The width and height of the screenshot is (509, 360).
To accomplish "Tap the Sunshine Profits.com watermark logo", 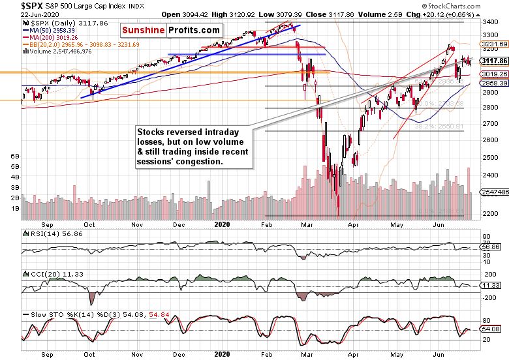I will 170,31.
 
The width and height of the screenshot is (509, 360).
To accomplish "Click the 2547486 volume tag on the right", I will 493,193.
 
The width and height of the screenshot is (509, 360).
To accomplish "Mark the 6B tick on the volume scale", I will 14,157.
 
